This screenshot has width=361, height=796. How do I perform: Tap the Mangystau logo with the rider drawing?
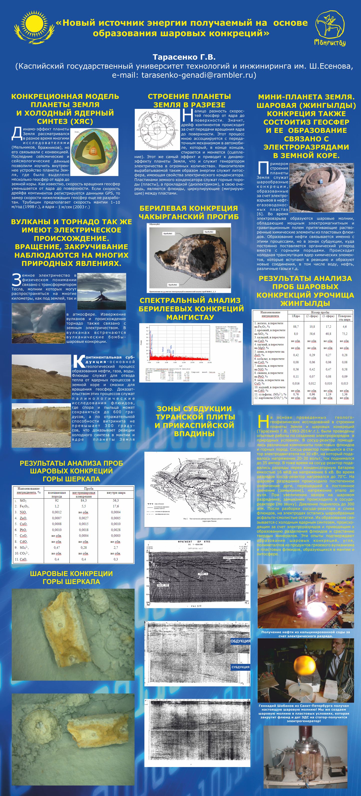click(x=330, y=28)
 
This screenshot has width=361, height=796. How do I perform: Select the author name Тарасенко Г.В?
click(x=184, y=57)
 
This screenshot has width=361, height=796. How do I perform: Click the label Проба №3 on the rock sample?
click(x=168, y=234)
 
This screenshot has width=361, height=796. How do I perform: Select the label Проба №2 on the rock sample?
click(x=209, y=232)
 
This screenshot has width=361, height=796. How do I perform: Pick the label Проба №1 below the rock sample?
click(x=173, y=285)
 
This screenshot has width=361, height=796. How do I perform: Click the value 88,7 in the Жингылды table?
click(x=296, y=327)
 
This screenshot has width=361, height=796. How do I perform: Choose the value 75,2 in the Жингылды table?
click(x=344, y=334)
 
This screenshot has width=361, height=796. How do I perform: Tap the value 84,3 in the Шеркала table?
click(x=84, y=500)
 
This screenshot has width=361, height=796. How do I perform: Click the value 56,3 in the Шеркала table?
click(x=116, y=500)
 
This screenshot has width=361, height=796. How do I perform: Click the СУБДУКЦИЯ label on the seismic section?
click(x=241, y=667)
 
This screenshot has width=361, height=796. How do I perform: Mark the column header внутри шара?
click(x=116, y=493)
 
